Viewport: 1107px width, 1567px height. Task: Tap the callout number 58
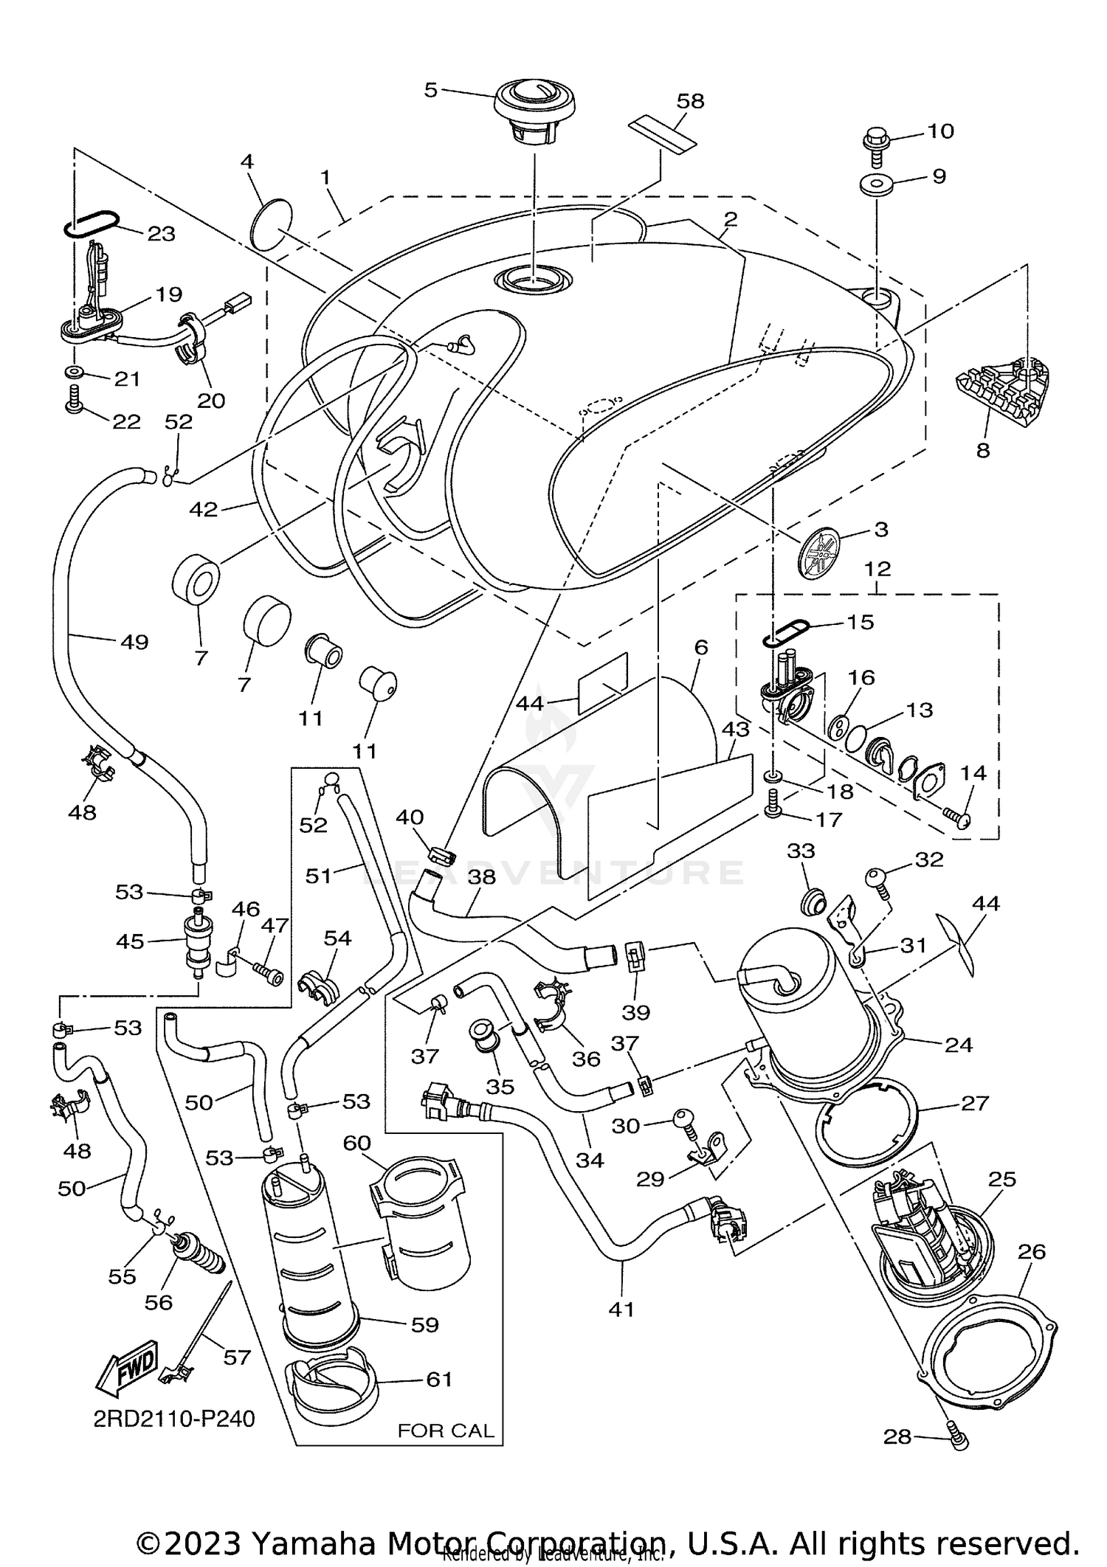[690, 101]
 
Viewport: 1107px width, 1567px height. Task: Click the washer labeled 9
[877, 184]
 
